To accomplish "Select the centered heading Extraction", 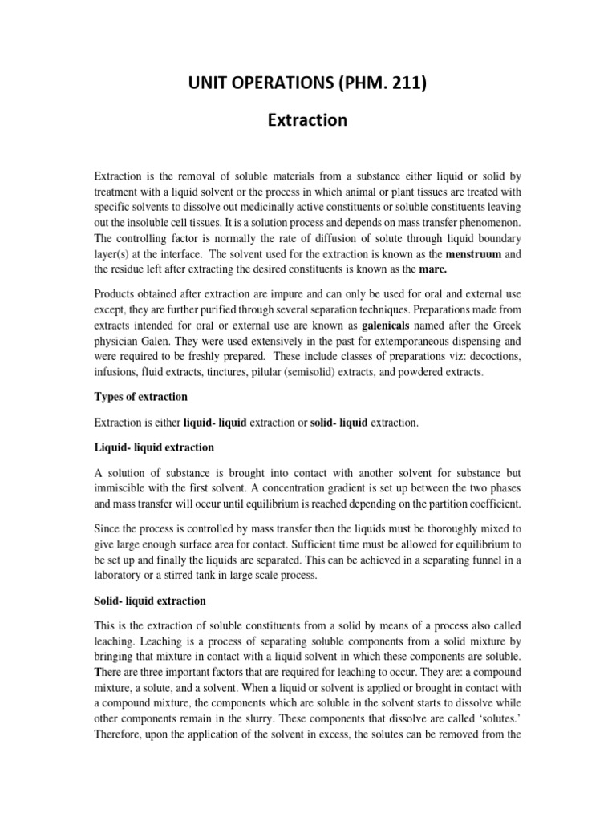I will point(307,120).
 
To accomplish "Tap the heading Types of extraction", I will point(140,397).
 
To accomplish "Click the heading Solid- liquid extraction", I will point(150,600).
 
